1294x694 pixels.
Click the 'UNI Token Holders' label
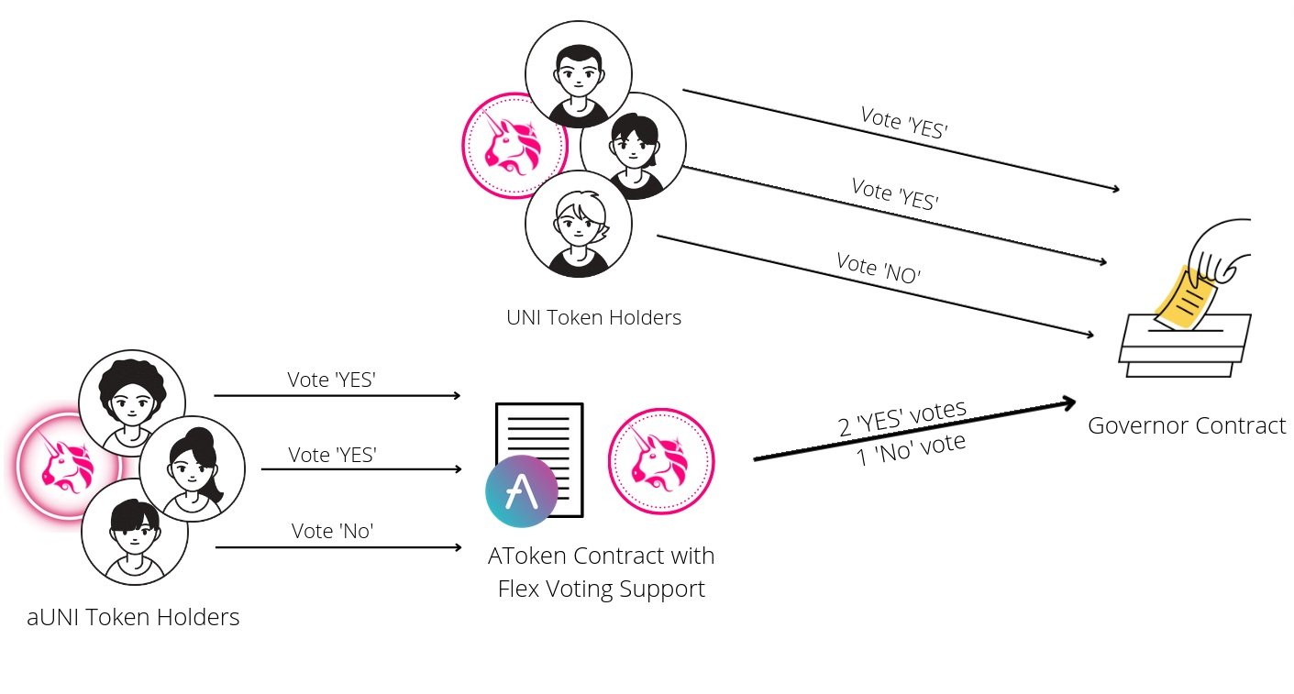(593, 318)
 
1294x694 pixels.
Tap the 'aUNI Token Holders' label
(133, 617)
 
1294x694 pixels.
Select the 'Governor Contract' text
(1186, 425)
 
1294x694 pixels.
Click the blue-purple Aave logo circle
(522, 491)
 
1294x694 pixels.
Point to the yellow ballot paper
(1185, 297)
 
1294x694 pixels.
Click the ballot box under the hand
(1184, 347)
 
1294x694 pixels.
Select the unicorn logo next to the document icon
(661, 461)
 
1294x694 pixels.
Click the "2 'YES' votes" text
(902, 419)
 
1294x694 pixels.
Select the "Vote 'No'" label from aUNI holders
(332, 530)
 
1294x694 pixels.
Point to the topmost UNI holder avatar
(578, 74)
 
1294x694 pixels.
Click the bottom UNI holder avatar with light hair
(578, 224)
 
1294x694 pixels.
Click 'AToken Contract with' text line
(601, 556)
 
